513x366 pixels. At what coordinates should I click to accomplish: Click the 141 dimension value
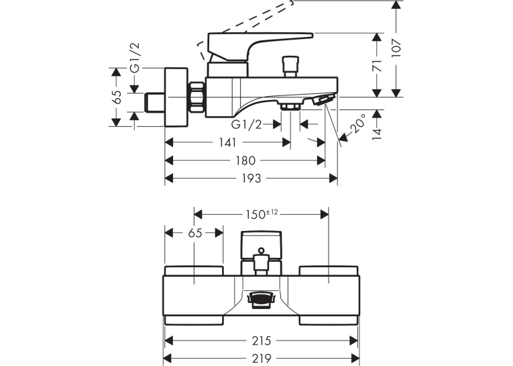coord(227,142)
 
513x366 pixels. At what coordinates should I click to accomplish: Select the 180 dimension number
coord(245,161)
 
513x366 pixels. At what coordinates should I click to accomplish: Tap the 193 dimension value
coord(251,179)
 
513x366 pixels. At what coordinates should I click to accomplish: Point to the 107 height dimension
coord(396,48)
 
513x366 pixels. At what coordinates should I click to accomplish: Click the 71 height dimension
coord(378,66)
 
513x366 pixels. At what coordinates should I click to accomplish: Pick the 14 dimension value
coord(378,134)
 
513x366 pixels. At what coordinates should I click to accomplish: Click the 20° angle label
coord(357,124)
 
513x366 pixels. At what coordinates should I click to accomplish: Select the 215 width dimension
coord(262,340)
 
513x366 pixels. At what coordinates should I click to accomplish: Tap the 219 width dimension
coord(262,359)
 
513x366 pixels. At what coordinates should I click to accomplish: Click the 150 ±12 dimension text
coord(262,214)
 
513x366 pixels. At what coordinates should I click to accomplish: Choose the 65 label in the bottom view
coord(195,233)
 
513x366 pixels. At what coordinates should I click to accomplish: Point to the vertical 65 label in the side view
coord(116,97)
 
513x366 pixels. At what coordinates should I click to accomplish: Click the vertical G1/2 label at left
coord(135,58)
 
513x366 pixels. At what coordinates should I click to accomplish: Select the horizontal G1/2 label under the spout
coord(247,124)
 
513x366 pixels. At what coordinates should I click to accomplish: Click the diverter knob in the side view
coord(291,66)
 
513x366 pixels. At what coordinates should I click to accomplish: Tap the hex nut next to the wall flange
coord(196,97)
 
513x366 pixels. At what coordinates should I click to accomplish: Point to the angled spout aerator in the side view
coord(324,99)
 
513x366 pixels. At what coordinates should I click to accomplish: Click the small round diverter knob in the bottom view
coord(261,251)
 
